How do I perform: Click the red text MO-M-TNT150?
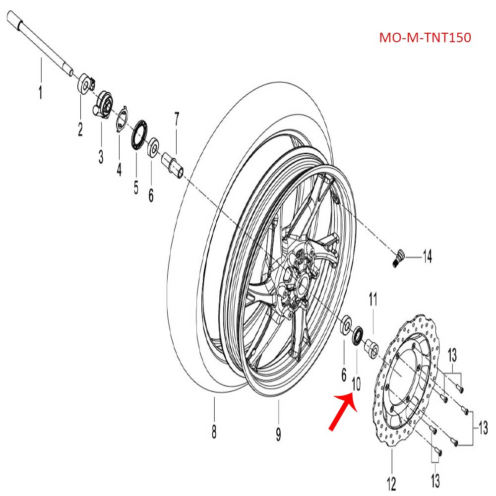point(425,38)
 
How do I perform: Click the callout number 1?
point(41,92)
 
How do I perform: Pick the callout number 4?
point(119,170)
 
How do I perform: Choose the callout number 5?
point(136,187)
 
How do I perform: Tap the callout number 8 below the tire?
point(214,432)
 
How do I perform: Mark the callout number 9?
point(278,434)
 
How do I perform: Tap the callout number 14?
point(427,256)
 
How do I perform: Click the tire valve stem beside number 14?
point(398,258)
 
